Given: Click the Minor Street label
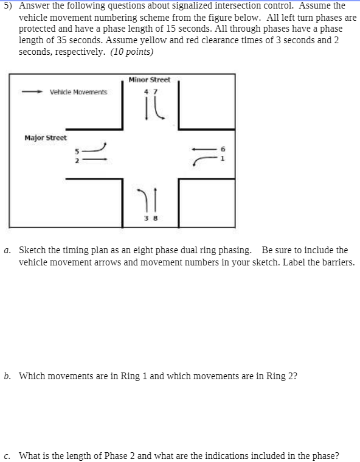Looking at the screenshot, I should pos(150,80).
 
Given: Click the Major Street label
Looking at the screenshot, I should pos(46,138).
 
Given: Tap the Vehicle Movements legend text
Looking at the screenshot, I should pos(78,93).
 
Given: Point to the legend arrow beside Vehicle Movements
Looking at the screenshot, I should pos(32,93).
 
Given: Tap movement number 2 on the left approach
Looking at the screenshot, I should pos(77,159).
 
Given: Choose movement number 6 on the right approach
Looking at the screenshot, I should pos(223,148).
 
